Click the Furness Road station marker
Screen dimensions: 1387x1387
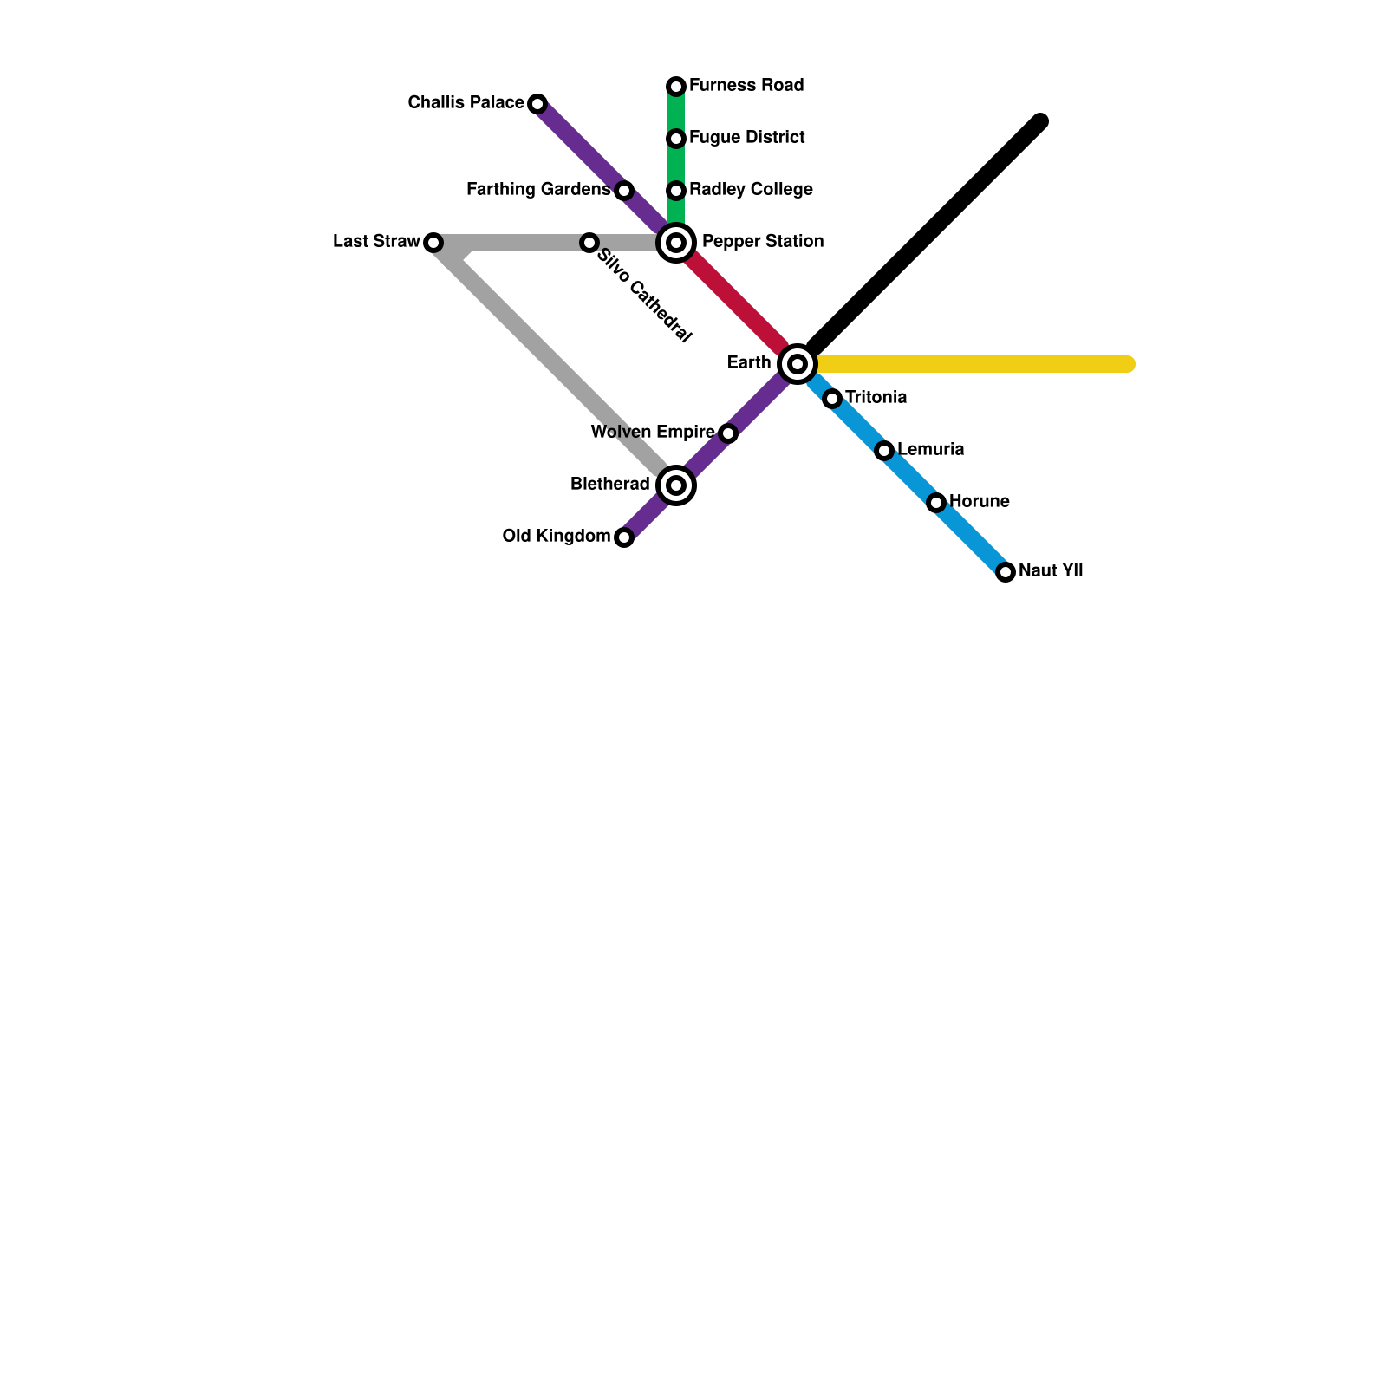tap(676, 87)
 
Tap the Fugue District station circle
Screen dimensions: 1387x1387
tap(676, 139)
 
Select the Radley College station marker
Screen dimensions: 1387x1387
tap(676, 191)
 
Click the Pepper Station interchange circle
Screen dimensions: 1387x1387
tap(676, 243)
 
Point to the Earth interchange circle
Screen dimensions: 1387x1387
tap(798, 364)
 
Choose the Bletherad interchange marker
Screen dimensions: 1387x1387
tap(676, 485)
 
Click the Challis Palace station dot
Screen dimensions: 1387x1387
tap(537, 104)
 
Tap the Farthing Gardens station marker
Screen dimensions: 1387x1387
tap(624, 191)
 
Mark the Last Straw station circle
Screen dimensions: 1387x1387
tap(433, 243)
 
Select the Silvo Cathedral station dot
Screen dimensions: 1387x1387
tap(589, 243)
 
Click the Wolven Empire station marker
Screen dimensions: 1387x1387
tap(728, 433)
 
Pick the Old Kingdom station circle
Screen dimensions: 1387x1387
tap(624, 537)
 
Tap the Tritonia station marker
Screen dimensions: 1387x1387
tap(832, 399)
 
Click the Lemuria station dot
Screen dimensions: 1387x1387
tap(884, 451)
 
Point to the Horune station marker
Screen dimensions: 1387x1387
tap(936, 503)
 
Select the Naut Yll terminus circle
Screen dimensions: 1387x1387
tap(1006, 572)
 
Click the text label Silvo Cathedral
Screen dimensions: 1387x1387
tap(645, 296)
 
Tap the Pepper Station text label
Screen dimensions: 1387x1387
tap(763, 242)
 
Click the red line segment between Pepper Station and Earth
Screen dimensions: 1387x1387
tap(737, 303)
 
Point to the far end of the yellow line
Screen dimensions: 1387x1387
tap(1127, 364)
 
